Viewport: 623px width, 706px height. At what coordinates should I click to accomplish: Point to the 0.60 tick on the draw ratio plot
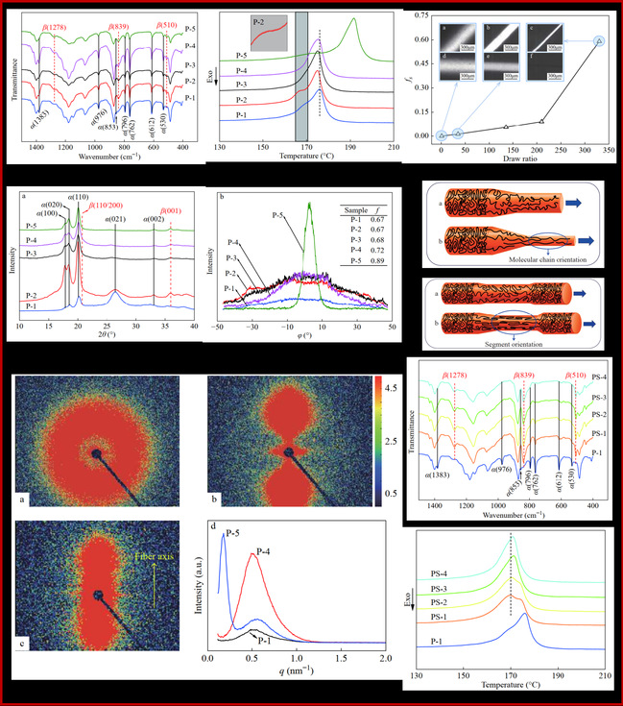tap(423, 40)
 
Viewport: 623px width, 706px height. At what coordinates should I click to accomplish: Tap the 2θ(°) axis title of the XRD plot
tap(107, 339)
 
